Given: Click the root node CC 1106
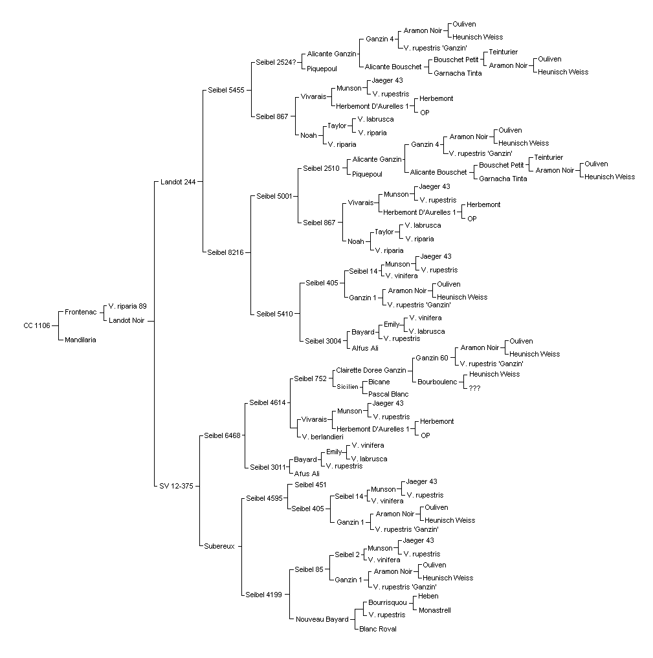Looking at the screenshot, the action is [x=37, y=325].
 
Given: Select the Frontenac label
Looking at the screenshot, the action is [x=81, y=313].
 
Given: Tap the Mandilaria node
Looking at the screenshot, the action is [x=81, y=340].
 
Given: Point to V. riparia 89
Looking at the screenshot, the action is [x=127, y=306].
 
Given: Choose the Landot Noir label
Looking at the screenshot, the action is [x=126, y=321].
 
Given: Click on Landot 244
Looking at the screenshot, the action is [x=178, y=182].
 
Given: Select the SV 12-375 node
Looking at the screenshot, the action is [x=176, y=487].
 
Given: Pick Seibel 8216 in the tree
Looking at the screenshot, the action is [x=225, y=252].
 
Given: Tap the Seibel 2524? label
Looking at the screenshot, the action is [x=276, y=63].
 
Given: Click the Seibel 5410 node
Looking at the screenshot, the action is [x=274, y=314].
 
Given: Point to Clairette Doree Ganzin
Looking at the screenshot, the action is [x=371, y=371].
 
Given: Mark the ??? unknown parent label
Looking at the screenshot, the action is [x=474, y=389].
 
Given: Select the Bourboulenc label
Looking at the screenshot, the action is [x=437, y=382].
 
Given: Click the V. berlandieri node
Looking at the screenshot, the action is [x=323, y=437].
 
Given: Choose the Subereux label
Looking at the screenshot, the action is [x=219, y=546].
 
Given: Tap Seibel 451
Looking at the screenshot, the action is [x=311, y=485].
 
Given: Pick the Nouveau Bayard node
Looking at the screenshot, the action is [x=322, y=619].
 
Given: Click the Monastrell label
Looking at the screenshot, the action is [x=435, y=611].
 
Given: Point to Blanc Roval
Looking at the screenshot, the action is [x=378, y=629].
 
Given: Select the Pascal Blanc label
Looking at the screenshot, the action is [x=388, y=394].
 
